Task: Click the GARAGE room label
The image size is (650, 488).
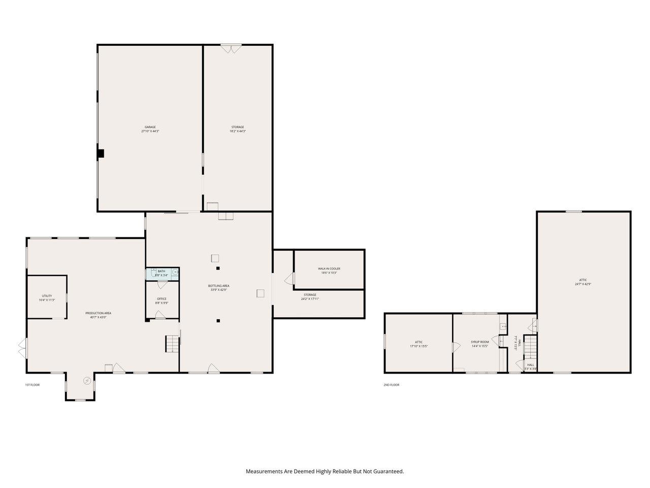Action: point(150,127)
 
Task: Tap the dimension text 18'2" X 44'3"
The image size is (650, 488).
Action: point(238,131)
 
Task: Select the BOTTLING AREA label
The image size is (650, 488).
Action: point(219,286)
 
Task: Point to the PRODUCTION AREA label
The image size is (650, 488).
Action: point(98,313)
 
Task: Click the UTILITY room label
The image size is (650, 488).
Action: point(47,296)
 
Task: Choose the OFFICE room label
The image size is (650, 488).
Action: point(161,299)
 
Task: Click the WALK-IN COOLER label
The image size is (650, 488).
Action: point(329,268)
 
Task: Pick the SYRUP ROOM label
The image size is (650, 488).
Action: point(479,342)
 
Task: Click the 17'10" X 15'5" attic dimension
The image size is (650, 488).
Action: point(418,346)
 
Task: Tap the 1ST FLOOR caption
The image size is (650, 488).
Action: point(32,385)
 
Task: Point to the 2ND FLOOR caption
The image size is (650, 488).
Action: point(391,385)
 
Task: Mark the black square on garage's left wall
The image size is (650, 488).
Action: point(101,153)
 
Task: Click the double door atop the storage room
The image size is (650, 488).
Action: point(231,49)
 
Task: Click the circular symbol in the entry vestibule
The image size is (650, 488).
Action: point(87,381)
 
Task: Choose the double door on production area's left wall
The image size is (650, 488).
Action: point(22,349)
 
